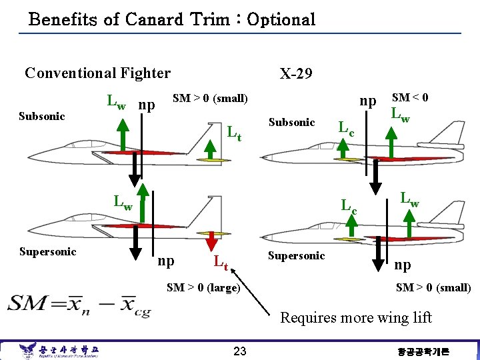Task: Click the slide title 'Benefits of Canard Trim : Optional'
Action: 172,19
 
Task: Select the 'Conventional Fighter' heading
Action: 97,73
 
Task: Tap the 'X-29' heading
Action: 295,73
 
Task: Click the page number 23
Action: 240,351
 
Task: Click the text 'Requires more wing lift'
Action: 355,317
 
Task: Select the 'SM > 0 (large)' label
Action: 203,287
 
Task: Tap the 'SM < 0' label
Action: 409,97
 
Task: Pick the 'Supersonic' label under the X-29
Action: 295,255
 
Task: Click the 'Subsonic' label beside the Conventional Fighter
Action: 41,116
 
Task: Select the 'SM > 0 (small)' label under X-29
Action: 433,287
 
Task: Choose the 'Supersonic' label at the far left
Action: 47,251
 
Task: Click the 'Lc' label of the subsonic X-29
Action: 347,127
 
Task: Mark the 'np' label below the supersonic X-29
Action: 402,265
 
